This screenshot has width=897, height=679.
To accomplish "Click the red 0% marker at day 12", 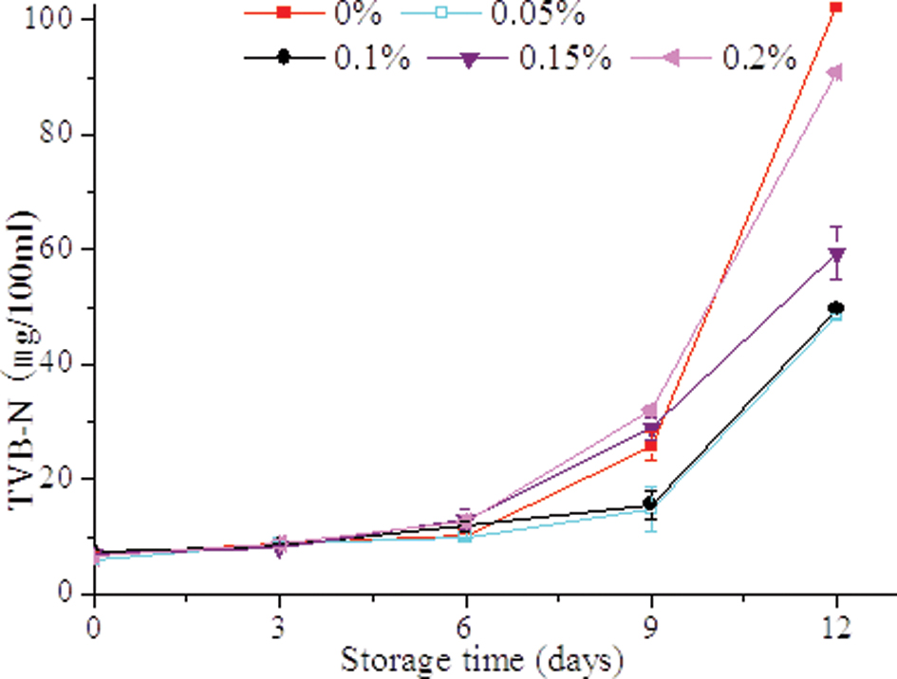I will (x=835, y=7).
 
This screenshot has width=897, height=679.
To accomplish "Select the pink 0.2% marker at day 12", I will (x=834, y=73).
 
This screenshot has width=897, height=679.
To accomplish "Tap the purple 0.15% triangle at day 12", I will (x=836, y=255).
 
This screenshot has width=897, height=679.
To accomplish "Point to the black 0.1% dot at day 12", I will (x=836, y=308).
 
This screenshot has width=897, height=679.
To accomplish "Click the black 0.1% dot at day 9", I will (x=650, y=504).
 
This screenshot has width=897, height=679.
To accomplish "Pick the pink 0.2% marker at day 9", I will (x=649, y=411).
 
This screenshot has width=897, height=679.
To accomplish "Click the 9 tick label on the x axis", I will (x=651, y=628).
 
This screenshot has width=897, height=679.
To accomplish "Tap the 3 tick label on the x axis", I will (x=279, y=628).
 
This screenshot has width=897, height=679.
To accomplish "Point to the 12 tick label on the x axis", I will (x=836, y=628).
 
